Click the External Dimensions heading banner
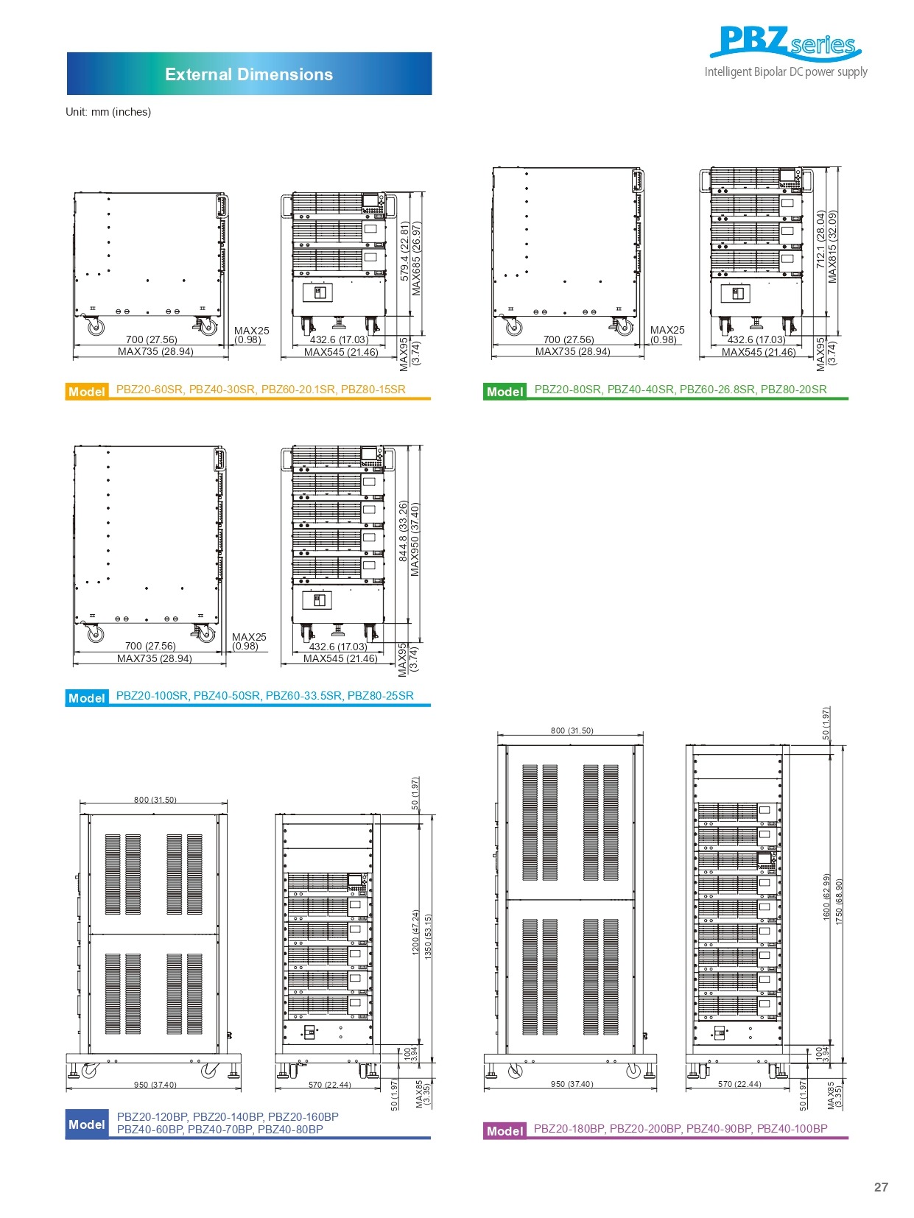(249, 74)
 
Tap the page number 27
(881, 1186)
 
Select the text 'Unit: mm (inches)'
(108, 112)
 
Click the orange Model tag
(87, 392)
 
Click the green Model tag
(505, 392)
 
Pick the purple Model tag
(505, 1130)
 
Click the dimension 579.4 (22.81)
(404, 251)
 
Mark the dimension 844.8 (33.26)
(403, 531)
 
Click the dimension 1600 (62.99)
(826, 896)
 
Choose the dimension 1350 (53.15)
(428, 936)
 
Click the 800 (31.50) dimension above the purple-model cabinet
(572, 731)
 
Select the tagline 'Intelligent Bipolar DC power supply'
(786, 72)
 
